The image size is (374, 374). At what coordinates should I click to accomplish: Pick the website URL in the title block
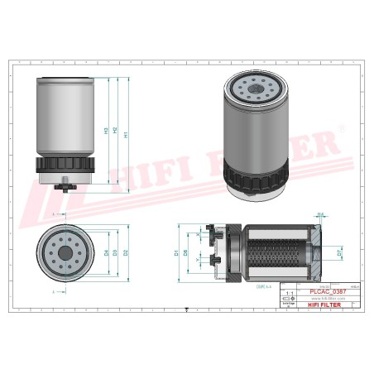pos(325,298)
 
